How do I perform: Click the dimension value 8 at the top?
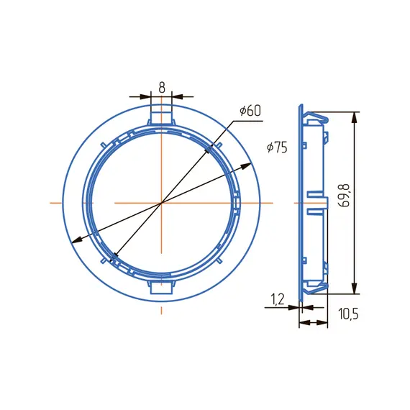[x=162, y=88]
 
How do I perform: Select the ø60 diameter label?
[x=250, y=111]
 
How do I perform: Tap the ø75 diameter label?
[x=277, y=147]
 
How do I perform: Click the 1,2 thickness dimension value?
[x=277, y=299]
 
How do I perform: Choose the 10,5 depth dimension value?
[x=349, y=314]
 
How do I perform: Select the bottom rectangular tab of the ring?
[x=162, y=287]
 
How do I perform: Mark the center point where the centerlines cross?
[x=162, y=203]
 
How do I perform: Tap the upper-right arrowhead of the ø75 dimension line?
[x=246, y=165]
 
